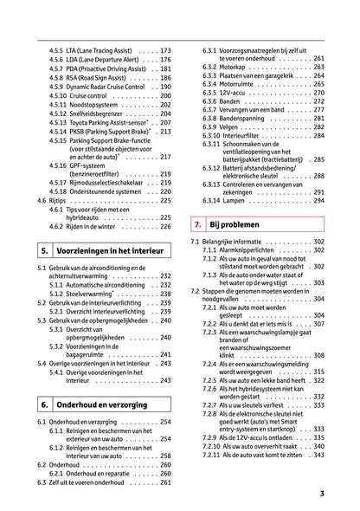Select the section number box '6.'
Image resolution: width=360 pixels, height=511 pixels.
[x=45, y=404]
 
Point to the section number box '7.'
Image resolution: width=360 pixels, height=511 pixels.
[x=198, y=225]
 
